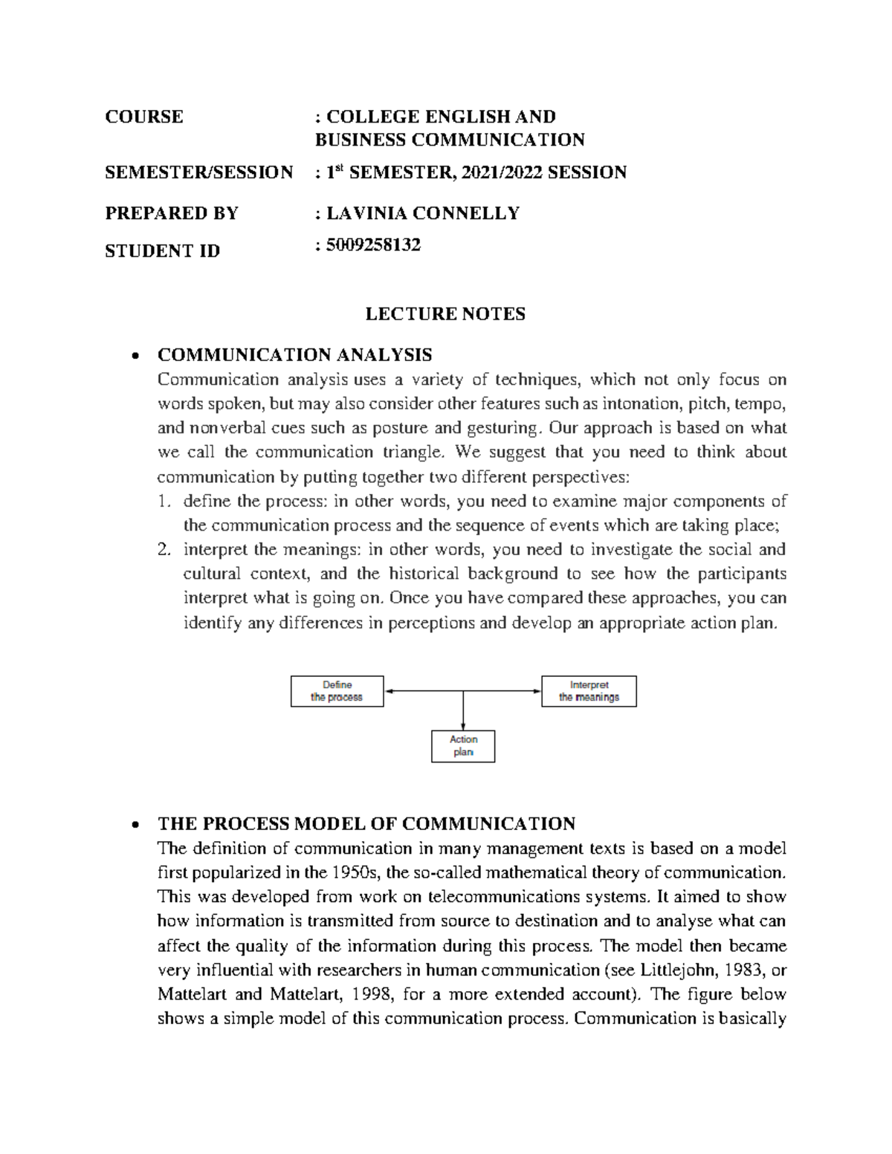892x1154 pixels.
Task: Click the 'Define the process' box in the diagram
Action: (337, 691)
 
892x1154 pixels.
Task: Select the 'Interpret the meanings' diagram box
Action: (589, 691)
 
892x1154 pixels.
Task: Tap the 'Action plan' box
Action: (463, 746)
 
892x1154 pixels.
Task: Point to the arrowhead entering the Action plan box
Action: (463, 726)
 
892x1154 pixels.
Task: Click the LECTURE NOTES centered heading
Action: (445, 314)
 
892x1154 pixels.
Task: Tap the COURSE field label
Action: (144, 117)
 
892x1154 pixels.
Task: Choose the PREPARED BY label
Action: (172, 213)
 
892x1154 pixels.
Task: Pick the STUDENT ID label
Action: (163, 251)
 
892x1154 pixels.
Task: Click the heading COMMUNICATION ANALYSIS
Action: (294, 354)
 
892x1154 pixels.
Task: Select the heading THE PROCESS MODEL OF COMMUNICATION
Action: (366, 823)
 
